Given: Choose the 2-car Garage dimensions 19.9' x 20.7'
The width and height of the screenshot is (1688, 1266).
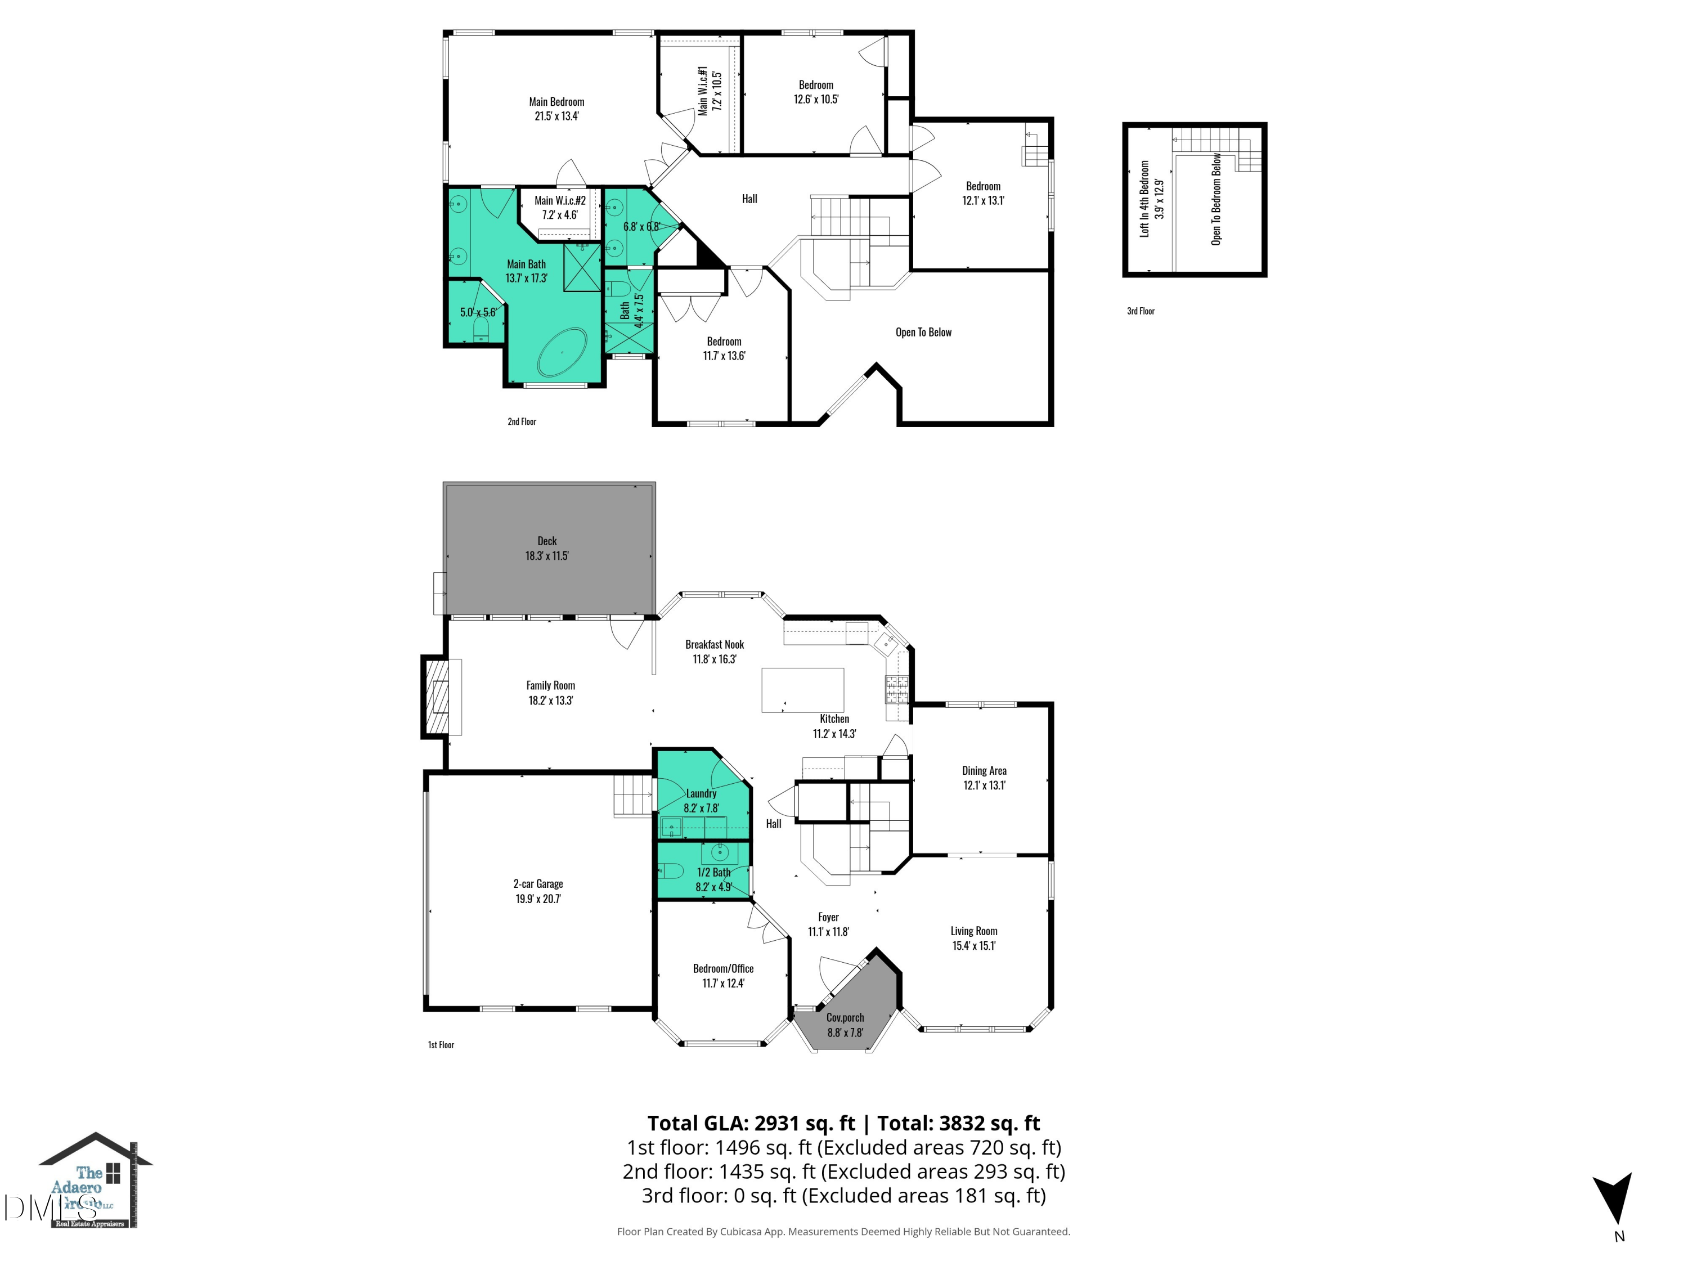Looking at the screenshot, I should (x=538, y=899).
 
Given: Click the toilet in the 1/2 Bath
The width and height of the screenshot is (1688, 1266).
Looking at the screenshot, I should (x=671, y=870).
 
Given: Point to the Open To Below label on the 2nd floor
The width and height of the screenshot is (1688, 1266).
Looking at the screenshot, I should (x=923, y=332).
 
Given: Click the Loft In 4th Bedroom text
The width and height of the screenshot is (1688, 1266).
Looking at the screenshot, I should (x=1144, y=199).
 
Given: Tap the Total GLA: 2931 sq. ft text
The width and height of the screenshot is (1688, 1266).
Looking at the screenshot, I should (x=751, y=1123).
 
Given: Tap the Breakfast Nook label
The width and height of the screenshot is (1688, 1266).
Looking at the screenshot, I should (x=714, y=645).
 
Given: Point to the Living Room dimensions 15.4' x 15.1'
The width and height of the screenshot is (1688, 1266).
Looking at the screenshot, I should (x=974, y=945).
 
